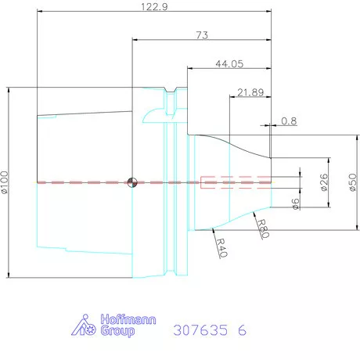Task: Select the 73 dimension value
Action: (x=203, y=34)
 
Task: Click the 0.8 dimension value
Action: (x=289, y=121)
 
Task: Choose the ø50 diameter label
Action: (x=352, y=181)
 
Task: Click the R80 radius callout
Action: (x=264, y=228)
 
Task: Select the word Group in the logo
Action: (x=117, y=331)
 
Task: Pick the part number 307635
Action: (x=200, y=331)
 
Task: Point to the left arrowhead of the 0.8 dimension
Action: (x=270, y=124)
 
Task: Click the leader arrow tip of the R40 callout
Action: (x=212, y=230)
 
